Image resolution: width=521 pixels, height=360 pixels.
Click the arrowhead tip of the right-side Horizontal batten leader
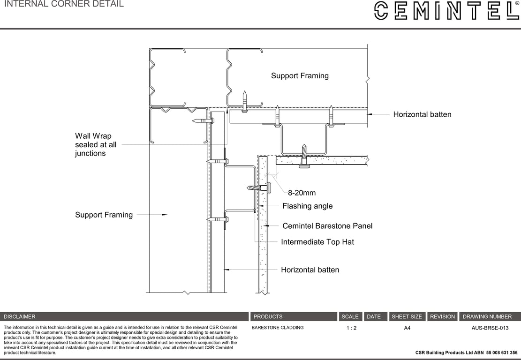point(367,114)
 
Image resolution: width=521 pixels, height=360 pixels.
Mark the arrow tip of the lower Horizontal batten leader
point(225,270)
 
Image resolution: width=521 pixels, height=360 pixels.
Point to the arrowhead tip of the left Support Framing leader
point(167,215)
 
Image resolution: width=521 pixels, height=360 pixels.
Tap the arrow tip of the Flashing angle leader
point(259,206)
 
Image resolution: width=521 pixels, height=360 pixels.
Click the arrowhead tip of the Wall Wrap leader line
point(227,109)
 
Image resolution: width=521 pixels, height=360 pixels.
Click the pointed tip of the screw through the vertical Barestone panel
point(248,188)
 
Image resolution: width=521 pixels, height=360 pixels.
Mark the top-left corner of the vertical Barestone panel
point(259,156)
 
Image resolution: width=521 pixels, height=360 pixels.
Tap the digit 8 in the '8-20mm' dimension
point(290,193)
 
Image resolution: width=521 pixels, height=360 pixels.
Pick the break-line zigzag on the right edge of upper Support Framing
point(367,80)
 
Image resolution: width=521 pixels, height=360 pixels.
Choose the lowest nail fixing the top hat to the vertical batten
point(218,219)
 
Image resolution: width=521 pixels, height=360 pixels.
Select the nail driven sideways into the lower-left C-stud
point(203,120)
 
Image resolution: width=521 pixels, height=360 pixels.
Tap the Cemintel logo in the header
point(447,11)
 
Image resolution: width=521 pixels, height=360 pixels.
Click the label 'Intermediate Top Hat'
point(317,242)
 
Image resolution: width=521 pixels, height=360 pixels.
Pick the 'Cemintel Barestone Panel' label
point(327,226)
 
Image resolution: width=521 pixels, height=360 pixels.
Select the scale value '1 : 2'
point(351,328)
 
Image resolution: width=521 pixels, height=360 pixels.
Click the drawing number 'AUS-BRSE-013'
point(490,328)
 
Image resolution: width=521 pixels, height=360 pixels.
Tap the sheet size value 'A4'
point(407,328)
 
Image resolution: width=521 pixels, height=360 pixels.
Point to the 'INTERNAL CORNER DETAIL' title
point(64,4)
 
